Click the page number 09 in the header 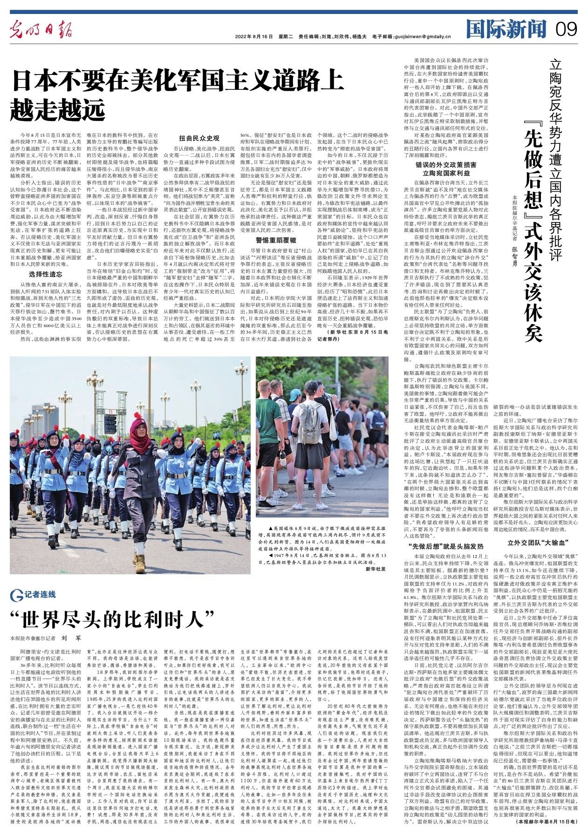click(566, 30)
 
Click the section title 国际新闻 click(506, 29)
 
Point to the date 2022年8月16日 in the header click(253, 36)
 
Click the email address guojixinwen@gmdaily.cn click(424, 36)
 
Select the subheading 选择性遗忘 click(45, 274)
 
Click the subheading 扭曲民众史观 click(199, 138)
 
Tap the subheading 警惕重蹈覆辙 click(276, 240)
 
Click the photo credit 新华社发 click(376, 569)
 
